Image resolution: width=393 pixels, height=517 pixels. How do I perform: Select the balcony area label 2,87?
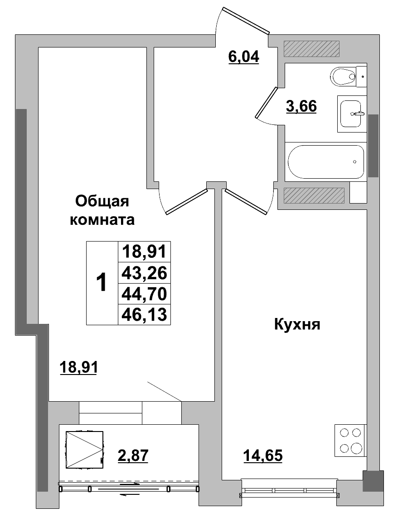(x=133, y=454)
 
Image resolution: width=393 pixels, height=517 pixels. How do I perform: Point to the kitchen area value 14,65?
(x=263, y=455)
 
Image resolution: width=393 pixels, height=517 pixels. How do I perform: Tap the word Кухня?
(x=297, y=324)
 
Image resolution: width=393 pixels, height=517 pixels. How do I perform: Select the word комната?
(x=102, y=220)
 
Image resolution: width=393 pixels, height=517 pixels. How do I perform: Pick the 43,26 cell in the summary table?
(x=144, y=273)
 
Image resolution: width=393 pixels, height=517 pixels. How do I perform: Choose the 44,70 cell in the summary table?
(x=144, y=294)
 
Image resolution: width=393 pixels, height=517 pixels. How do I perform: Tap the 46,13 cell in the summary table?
(x=144, y=315)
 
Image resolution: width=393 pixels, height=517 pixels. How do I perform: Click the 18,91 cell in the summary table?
(x=144, y=251)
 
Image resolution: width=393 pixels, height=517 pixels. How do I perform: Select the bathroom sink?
(x=353, y=114)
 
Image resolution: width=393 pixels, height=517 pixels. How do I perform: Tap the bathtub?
(x=325, y=162)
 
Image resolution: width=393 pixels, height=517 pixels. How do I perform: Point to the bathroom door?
(x=266, y=104)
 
